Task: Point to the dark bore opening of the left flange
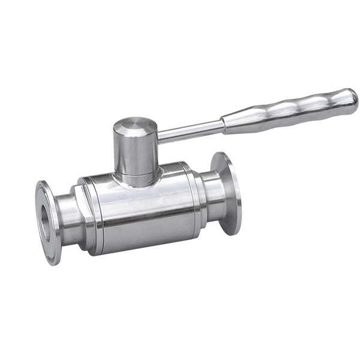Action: [45, 220]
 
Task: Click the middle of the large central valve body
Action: [144, 213]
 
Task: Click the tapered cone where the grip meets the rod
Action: [230, 124]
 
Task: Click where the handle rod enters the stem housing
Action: [159, 137]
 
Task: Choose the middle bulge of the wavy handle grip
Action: [288, 112]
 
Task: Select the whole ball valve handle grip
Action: [288, 112]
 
